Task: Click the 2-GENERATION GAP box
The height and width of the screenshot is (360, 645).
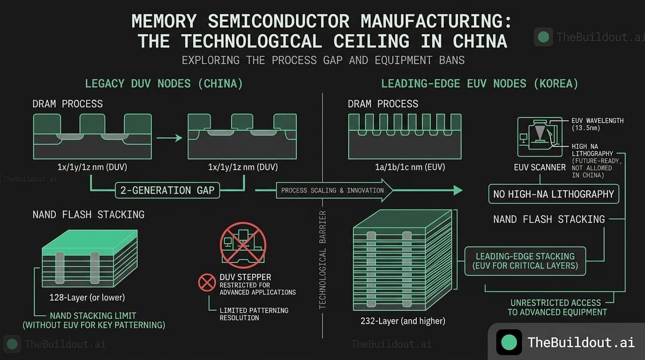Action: coord(167,190)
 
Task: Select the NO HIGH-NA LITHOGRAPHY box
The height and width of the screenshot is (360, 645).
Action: coord(553,194)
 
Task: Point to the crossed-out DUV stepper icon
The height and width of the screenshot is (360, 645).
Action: coord(243,245)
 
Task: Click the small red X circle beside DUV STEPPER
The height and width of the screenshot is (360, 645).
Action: coord(207,282)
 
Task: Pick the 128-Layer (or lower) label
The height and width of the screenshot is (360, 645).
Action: coord(87,297)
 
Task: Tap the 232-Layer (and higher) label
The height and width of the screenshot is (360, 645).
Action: coord(403,321)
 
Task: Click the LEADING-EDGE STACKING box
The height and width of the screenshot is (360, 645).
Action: coord(525,261)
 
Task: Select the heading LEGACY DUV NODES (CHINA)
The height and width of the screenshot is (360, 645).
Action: coord(164,84)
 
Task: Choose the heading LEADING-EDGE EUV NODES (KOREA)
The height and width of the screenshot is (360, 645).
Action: coord(480,84)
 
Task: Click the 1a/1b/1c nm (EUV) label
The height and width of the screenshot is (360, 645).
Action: coord(405,167)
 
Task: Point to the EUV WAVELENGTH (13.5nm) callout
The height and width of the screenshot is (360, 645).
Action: coord(598,124)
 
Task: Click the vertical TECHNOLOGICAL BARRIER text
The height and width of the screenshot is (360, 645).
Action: coord(322,260)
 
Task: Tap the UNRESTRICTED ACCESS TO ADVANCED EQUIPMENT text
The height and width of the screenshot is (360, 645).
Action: coord(557,307)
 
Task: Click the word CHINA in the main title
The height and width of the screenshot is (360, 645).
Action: coord(480,41)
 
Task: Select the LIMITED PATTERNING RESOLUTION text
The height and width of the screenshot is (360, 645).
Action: coord(254,314)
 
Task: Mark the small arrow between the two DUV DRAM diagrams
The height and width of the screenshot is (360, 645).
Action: coord(169,138)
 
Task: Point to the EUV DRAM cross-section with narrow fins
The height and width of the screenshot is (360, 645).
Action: coord(405,136)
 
